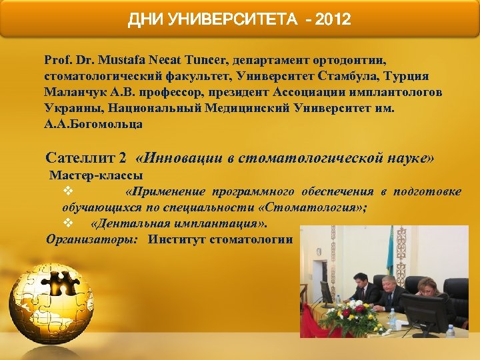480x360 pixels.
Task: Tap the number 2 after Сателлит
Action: [122, 158]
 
